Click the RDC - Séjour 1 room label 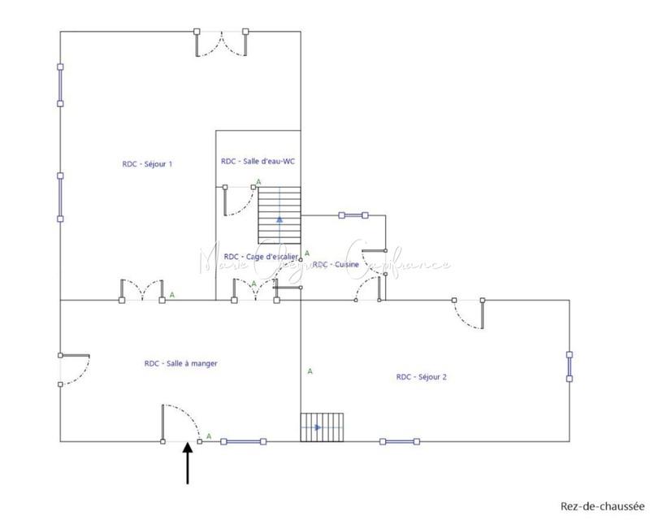[x=147, y=163]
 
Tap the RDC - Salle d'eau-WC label [x=258, y=161]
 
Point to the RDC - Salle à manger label [x=181, y=364]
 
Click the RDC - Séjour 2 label [x=422, y=377]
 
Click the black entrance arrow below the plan [x=188, y=463]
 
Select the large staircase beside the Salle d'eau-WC [x=279, y=214]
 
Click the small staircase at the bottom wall [x=322, y=427]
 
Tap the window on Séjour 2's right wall [x=570, y=366]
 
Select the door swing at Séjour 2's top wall [x=470, y=313]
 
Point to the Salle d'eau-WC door [x=240, y=200]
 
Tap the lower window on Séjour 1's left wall [x=60, y=196]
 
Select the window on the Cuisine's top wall [x=353, y=215]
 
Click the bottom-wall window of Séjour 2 [x=401, y=442]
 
